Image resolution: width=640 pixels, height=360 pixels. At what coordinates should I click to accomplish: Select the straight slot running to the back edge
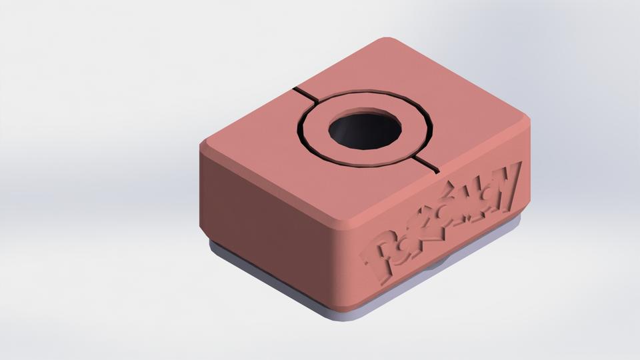[x=307, y=95]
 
